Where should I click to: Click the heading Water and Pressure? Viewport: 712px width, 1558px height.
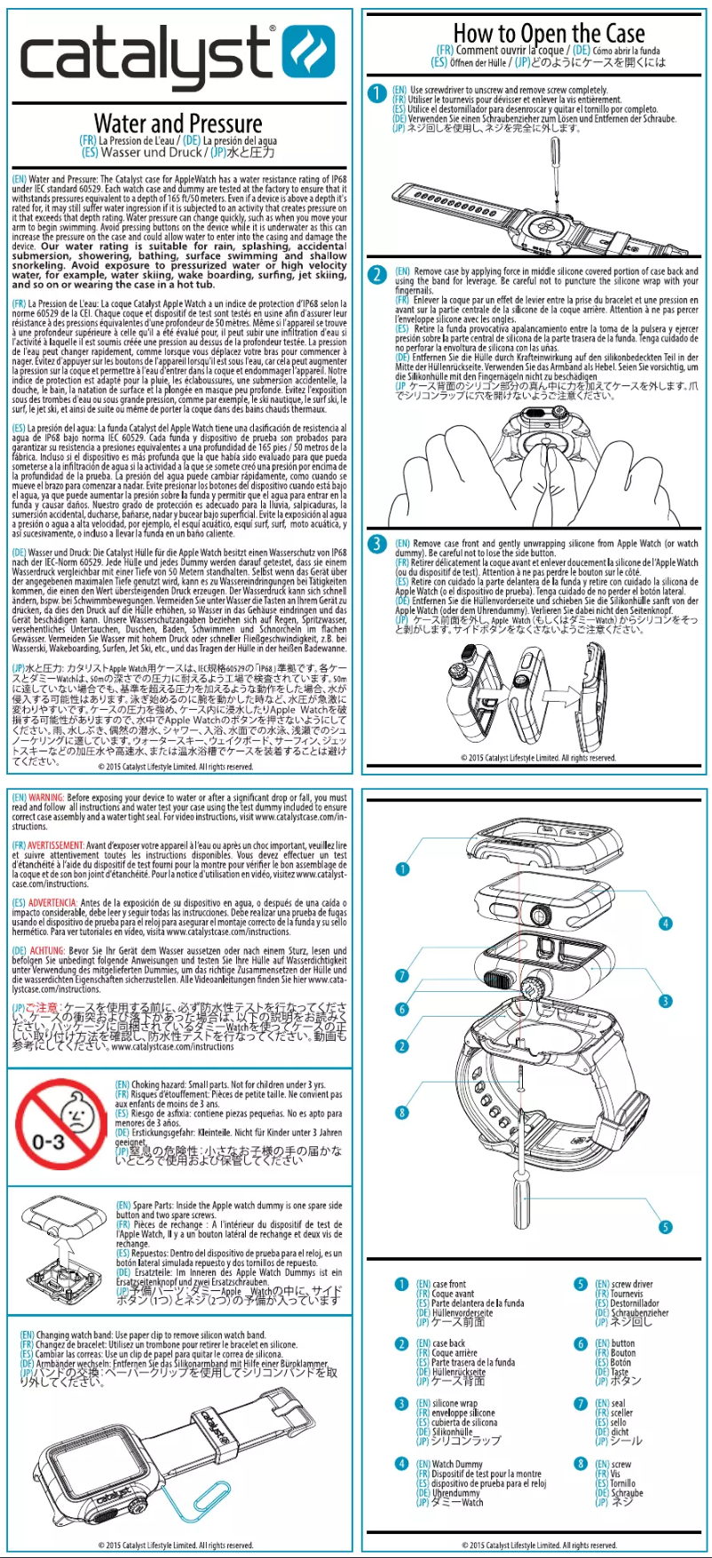[x=178, y=123]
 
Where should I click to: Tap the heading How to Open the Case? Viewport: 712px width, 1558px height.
[x=548, y=34]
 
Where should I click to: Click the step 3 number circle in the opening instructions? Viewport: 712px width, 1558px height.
[x=376, y=543]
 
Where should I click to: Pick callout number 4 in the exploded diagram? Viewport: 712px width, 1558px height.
[x=665, y=923]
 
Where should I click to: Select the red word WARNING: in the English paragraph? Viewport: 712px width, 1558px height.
[x=46, y=798]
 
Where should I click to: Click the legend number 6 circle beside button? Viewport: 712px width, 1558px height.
[x=581, y=1343]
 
